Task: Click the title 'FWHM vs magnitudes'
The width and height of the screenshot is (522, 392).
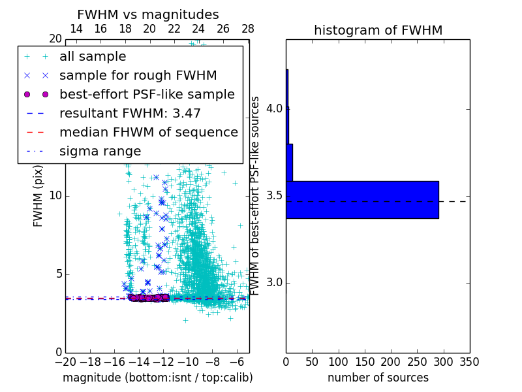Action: pyautogui.click(x=148, y=14)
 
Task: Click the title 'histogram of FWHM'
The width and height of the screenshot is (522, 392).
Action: pyautogui.click(x=378, y=30)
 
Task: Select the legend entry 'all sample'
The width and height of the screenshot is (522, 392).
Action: pyautogui.click(x=93, y=57)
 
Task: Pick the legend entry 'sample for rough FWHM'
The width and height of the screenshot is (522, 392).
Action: pyautogui.click(x=138, y=75)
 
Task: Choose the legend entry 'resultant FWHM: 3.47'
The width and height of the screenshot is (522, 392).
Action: pyautogui.click(x=130, y=113)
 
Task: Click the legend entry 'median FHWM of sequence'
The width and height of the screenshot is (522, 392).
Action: pyautogui.click(x=148, y=132)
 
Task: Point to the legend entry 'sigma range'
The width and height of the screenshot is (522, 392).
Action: pyautogui.click(x=100, y=151)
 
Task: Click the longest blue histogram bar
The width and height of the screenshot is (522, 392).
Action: pyautogui.click(x=362, y=199)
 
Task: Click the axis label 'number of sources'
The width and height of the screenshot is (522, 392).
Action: pyautogui.click(x=378, y=378)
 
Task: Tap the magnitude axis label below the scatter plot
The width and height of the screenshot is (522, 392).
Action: pyautogui.click(x=157, y=378)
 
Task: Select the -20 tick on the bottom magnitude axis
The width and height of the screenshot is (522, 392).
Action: pyautogui.click(x=65, y=361)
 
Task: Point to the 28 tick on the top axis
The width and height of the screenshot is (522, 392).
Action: pyautogui.click(x=247, y=29)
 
